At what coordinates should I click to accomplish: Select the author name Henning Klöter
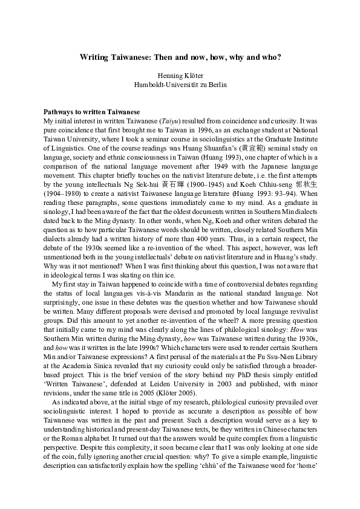pos(180,76)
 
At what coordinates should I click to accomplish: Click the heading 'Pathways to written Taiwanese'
pos(91,112)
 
